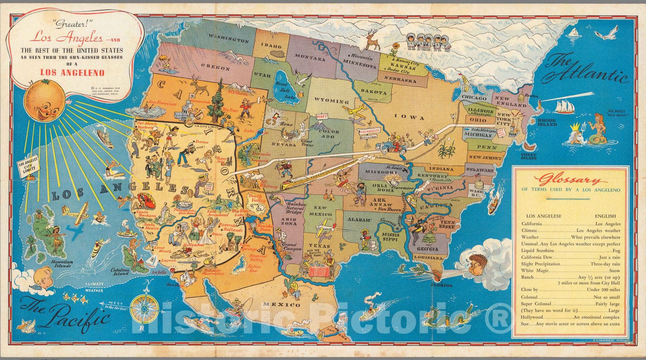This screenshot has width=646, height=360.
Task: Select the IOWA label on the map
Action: pyautogui.click(x=410, y=118)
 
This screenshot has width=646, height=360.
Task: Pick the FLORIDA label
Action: pyautogui.click(x=441, y=285)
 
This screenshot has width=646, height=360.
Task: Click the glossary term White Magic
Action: pyautogui.click(x=535, y=270)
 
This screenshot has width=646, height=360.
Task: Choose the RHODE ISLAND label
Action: pyautogui.click(x=547, y=122)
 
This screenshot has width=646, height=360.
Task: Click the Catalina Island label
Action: pyautogui.click(x=121, y=272)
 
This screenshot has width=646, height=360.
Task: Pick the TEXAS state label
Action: pyautogui.click(x=319, y=245)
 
